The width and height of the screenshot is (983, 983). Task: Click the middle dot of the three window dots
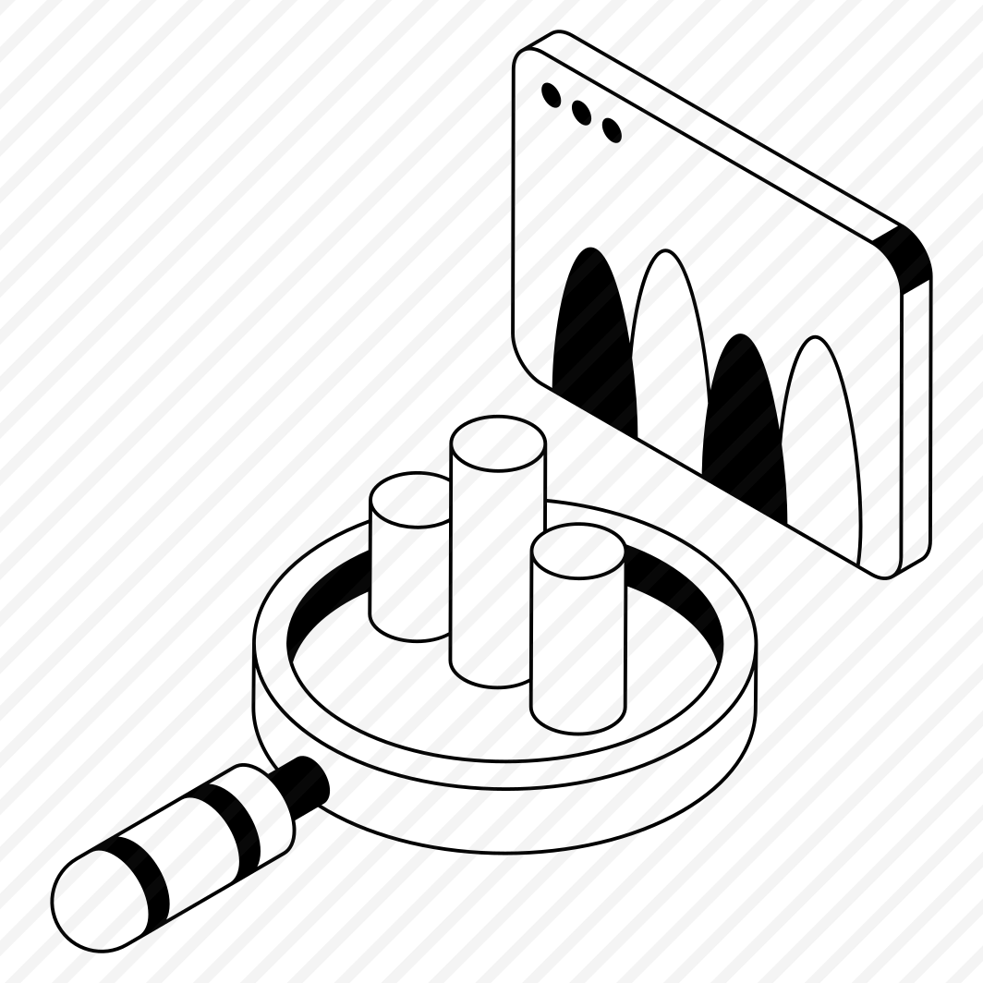coord(581,113)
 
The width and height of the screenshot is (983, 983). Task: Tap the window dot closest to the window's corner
coord(551,95)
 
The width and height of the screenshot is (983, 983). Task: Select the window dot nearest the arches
coord(611,130)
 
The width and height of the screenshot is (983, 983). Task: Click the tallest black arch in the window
coord(593,333)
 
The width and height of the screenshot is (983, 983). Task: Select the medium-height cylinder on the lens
coord(577,637)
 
